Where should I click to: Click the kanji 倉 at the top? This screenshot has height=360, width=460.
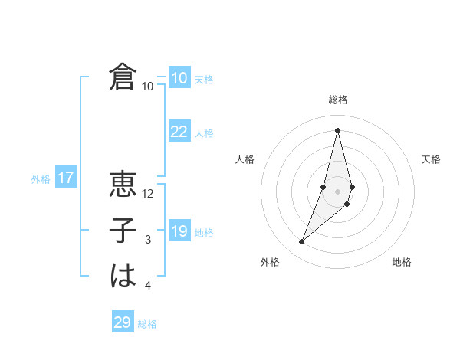pos(123,77)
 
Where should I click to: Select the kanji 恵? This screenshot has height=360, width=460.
pos(123,185)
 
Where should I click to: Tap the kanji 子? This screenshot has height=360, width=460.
pos(123,231)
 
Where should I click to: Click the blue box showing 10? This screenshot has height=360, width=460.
pos(179,77)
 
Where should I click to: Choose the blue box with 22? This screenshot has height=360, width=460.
pos(179,132)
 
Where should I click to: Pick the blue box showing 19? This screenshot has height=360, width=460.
pos(179,231)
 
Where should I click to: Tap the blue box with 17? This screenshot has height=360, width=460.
pos(66,178)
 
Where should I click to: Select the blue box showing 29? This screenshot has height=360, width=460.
pos(123,322)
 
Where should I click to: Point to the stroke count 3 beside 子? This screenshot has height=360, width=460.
pos(148,241)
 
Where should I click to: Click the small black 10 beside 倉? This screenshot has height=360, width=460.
pos(148,87)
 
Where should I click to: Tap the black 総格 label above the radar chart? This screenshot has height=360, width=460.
pos(338,100)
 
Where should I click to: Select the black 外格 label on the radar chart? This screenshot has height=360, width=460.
pos(269,262)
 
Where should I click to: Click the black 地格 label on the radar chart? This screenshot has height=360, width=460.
pos(402,262)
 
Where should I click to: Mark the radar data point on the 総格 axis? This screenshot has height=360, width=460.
pos(337,130)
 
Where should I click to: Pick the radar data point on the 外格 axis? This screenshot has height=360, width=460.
pos(301,242)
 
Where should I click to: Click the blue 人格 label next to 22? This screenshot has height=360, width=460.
pos(204,133)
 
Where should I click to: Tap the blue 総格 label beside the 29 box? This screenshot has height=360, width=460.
pos(147,324)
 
